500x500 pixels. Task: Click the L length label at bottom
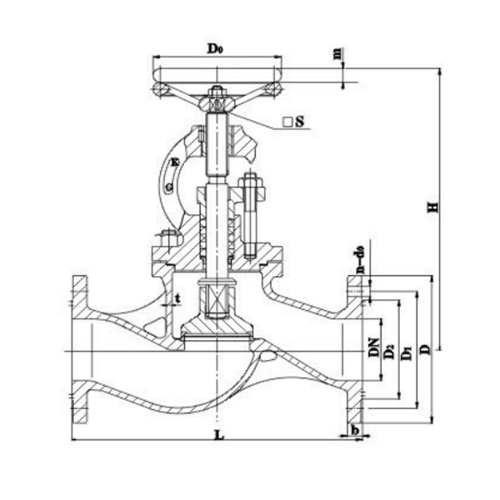(218, 436)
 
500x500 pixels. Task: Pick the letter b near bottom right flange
(356, 428)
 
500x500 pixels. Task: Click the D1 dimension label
(407, 352)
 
